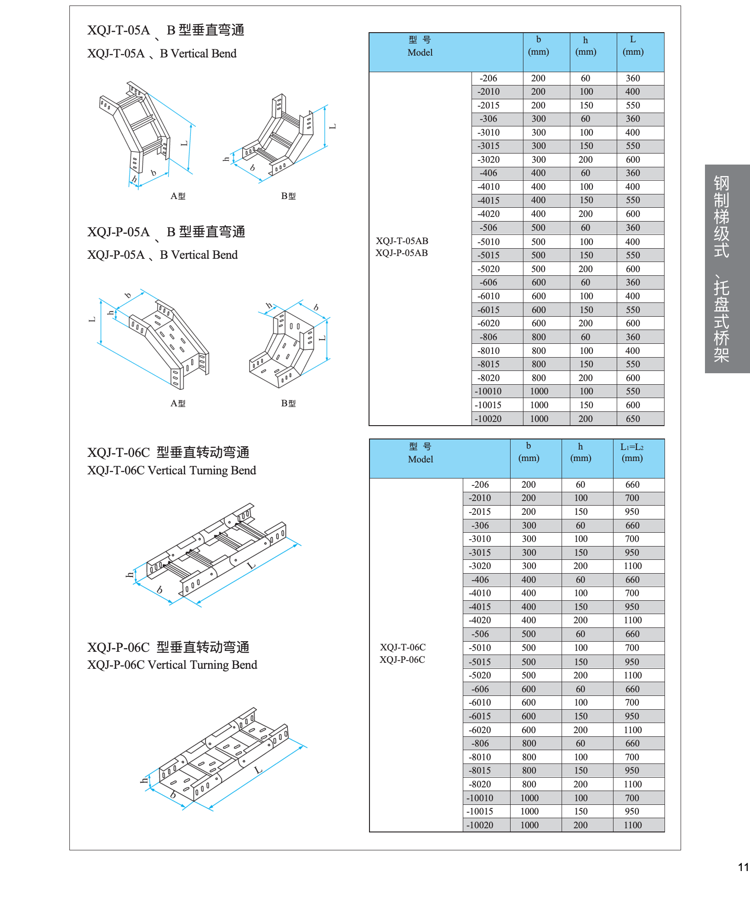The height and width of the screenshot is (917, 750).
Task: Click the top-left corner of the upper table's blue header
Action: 369,33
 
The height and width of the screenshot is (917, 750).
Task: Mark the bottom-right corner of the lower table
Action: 665,832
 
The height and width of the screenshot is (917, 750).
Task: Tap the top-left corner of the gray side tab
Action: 705,165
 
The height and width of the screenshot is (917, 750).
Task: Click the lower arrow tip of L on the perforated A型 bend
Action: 101,344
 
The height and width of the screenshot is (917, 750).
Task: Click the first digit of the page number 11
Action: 741,867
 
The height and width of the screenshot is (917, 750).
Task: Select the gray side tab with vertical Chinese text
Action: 727,269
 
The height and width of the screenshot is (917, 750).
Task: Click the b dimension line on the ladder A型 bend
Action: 153,180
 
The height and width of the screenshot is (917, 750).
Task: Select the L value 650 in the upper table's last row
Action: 633,419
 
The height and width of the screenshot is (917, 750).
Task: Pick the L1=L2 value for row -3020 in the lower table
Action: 633,566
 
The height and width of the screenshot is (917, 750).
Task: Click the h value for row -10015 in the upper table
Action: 586,405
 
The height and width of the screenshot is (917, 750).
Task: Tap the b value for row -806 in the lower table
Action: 529,743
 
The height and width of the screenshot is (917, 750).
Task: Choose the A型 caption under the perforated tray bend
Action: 178,403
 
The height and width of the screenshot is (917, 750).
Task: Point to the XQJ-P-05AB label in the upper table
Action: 402,253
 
